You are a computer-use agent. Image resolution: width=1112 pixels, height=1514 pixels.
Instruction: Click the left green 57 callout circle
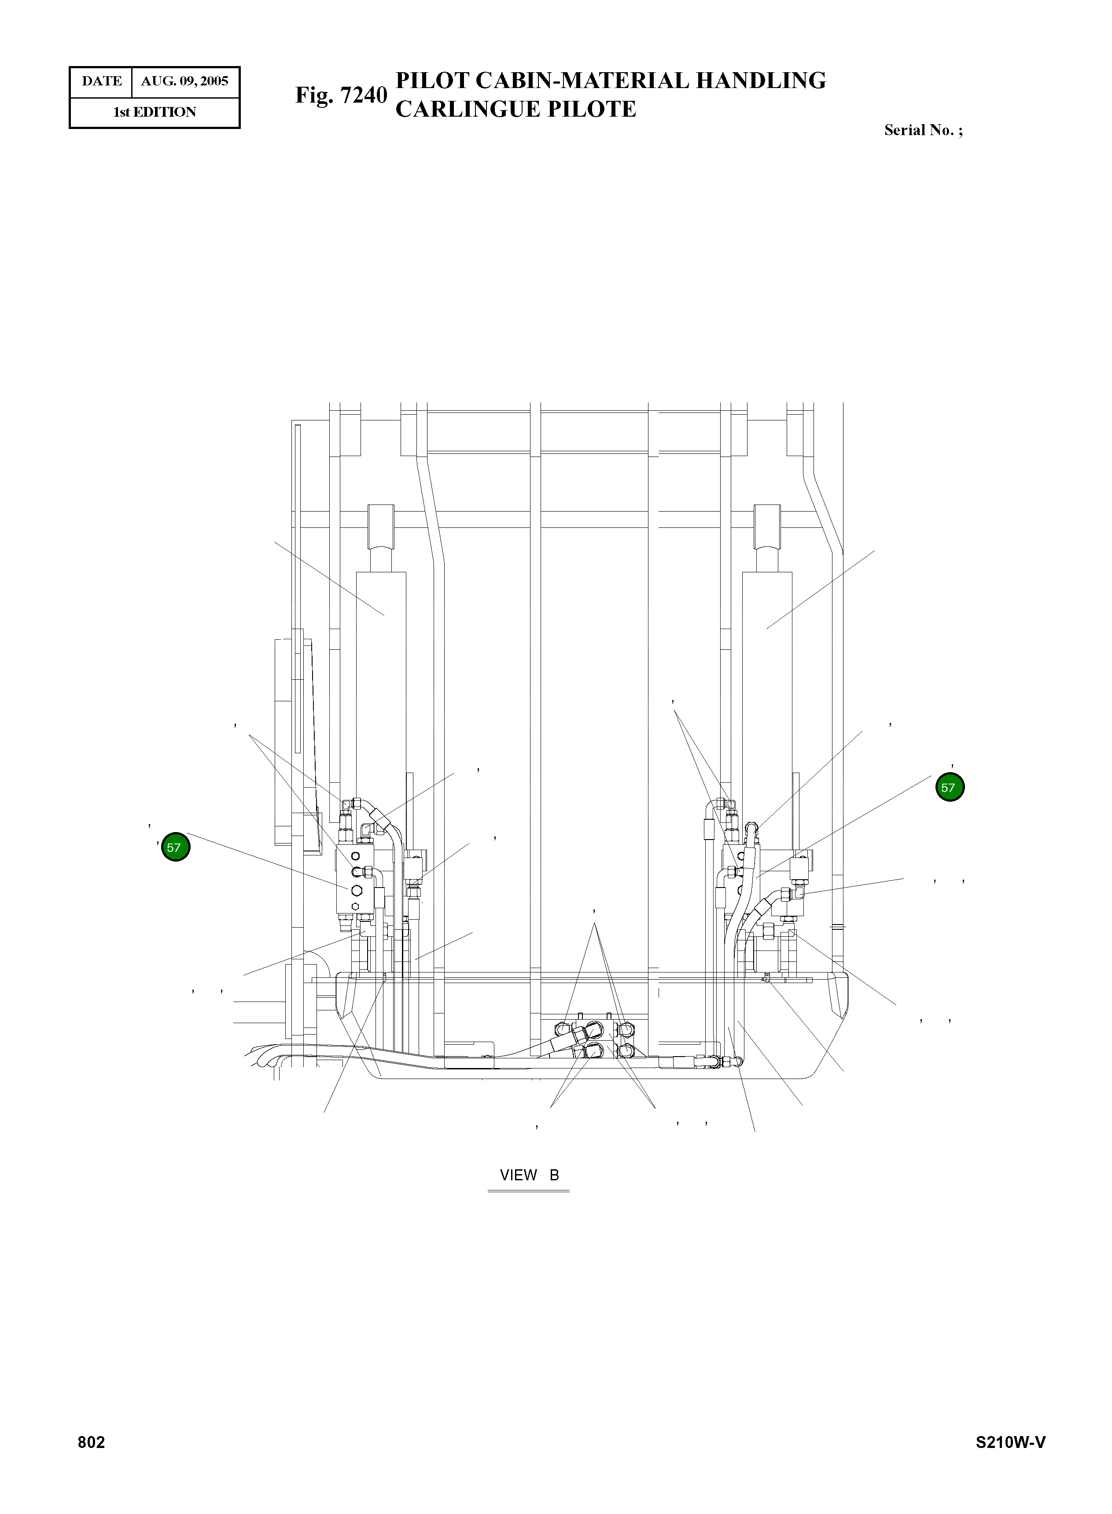point(176,847)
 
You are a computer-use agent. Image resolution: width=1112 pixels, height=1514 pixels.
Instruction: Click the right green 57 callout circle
point(950,787)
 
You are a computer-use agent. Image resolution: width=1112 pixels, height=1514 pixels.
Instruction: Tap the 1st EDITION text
point(155,112)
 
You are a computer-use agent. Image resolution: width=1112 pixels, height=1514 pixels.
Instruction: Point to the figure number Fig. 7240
point(341,96)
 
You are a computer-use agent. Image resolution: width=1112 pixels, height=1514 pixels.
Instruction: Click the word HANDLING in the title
point(761,81)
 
